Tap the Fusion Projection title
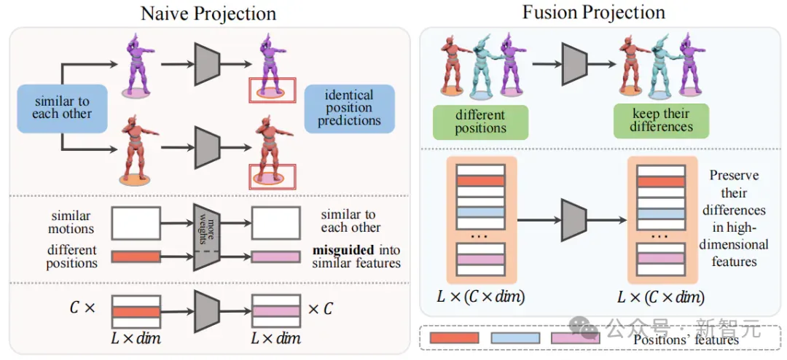click(x=594, y=12)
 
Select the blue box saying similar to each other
click(x=62, y=109)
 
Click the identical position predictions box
click(x=349, y=108)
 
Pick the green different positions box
click(x=479, y=121)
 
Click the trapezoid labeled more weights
click(x=207, y=237)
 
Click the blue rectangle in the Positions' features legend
click(x=515, y=338)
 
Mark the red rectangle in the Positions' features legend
click(x=454, y=338)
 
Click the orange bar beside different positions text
click(x=136, y=257)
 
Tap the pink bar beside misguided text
click(x=275, y=257)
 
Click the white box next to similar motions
click(x=136, y=223)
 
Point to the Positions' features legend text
click(x=686, y=340)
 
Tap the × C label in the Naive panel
click(x=320, y=309)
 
